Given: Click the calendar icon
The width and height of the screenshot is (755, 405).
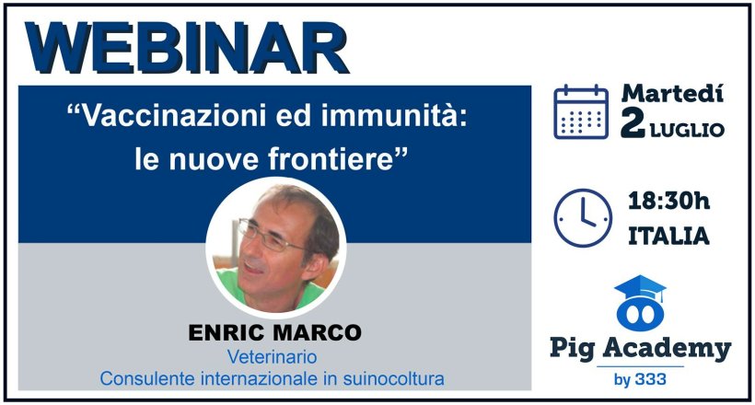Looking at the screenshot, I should (580, 111).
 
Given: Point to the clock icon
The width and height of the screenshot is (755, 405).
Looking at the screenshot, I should (582, 218).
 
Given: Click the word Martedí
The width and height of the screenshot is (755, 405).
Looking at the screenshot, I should (672, 93).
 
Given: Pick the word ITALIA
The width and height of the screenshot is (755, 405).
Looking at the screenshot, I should (668, 237).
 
